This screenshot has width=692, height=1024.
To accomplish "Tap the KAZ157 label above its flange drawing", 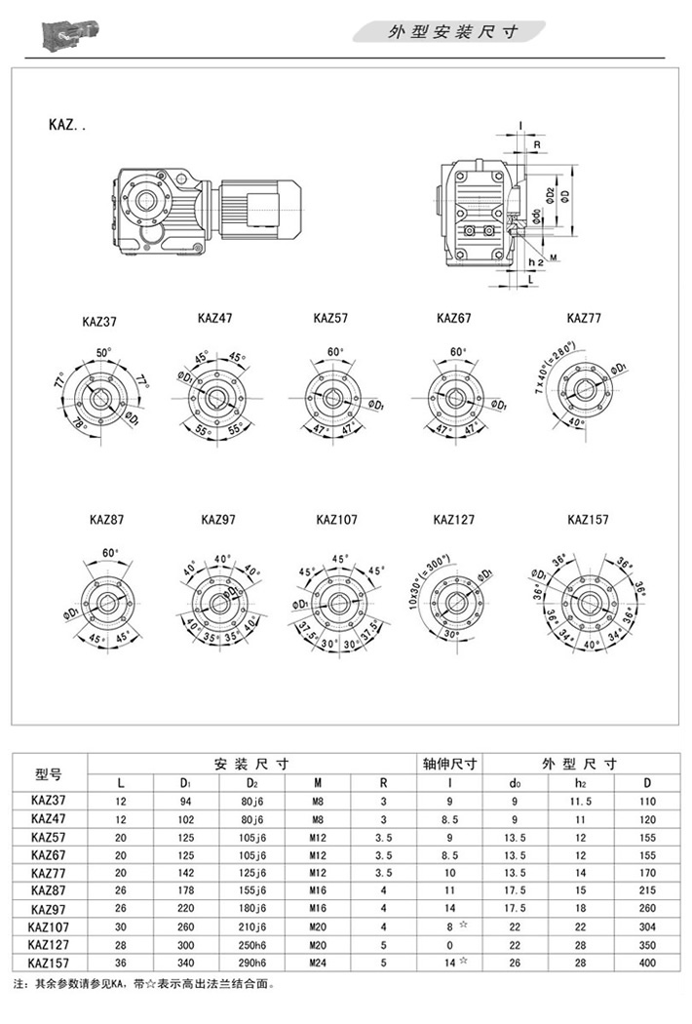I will pyautogui.click(x=588, y=520).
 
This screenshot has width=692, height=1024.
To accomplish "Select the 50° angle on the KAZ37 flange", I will pyautogui.click(x=104, y=352).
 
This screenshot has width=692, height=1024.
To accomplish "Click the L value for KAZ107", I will pyautogui.click(x=121, y=926).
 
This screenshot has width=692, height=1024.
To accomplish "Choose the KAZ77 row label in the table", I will pyautogui.click(x=49, y=872).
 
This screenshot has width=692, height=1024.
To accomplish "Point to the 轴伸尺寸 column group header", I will pyautogui.click(x=448, y=765).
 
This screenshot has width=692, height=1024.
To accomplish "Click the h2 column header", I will pyautogui.click(x=581, y=783).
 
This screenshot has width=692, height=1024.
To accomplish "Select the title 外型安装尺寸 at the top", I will pyautogui.click(x=453, y=32).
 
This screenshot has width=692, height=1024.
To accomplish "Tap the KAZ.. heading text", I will pyautogui.click(x=66, y=125).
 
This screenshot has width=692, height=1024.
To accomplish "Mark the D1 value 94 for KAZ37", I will pyautogui.click(x=185, y=801).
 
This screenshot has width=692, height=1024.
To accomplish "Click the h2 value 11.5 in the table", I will pyautogui.click(x=581, y=801).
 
